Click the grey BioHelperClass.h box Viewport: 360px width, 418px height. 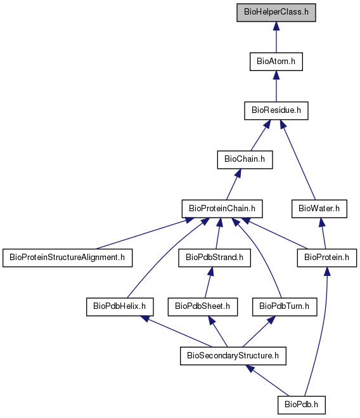pyautogui.click(x=276, y=13)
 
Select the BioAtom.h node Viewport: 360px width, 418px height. pyautogui.click(x=276, y=62)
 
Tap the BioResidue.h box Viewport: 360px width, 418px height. pyautogui.click(x=276, y=110)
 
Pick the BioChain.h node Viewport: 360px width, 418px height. pyautogui.click(x=245, y=160)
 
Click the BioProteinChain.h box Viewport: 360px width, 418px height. pyautogui.click(x=222, y=209)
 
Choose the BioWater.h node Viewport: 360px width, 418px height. pyautogui.click(x=319, y=209)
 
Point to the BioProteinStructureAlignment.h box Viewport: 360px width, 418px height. pyautogui.click(x=67, y=258)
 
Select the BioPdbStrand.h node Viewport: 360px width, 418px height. pyautogui.click(x=214, y=258)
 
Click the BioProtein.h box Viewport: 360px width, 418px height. pyautogui.click(x=326, y=258)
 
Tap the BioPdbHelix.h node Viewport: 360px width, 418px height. pyautogui.click(x=120, y=307)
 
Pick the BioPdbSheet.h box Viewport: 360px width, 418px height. pyautogui.click(x=203, y=307)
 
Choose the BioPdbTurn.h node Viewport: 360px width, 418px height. pyautogui.click(x=285, y=307)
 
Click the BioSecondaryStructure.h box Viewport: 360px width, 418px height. pyautogui.click(x=233, y=356)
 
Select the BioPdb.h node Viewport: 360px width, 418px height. pyautogui.click(x=302, y=405)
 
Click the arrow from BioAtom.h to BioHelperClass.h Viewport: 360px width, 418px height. pyautogui.click(x=276, y=37)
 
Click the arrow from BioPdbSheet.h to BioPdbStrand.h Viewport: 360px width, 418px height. pyautogui.click(x=208, y=282)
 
